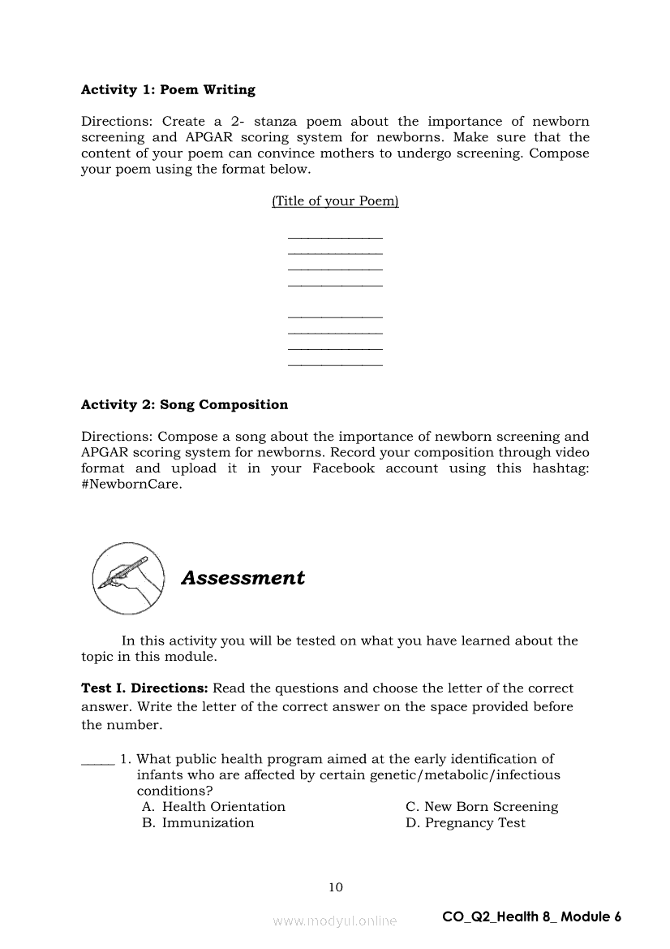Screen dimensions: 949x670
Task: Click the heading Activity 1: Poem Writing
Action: click(168, 90)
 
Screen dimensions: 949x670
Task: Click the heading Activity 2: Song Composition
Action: click(184, 404)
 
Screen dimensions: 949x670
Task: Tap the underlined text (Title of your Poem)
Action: click(335, 201)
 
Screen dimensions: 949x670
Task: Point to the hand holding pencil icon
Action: click(128, 578)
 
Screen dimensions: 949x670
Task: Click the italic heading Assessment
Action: click(243, 578)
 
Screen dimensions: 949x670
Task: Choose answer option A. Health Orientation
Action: click(214, 807)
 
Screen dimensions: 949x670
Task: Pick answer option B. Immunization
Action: click(199, 823)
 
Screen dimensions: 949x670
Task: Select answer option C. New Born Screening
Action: click(482, 807)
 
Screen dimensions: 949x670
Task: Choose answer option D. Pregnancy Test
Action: click(466, 823)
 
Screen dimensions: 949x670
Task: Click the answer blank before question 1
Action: click(97, 761)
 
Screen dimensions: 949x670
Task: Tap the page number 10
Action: click(336, 887)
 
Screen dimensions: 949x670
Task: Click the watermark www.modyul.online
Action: click(335, 921)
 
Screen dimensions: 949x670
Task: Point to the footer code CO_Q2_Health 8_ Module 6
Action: click(531, 917)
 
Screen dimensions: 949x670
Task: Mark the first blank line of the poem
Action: click(335, 237)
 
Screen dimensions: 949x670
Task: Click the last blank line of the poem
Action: click(335, 365)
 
